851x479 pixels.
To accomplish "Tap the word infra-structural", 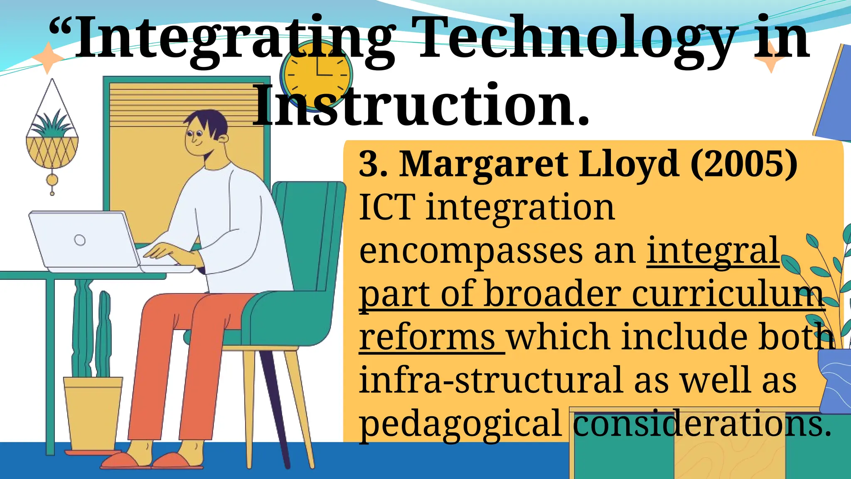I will [492, 380].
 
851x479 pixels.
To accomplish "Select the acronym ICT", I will [387, 207].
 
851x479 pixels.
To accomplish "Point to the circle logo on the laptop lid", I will [80, 240].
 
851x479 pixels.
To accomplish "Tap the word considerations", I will [702, 424].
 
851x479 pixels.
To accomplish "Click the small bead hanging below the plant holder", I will [52, 180].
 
